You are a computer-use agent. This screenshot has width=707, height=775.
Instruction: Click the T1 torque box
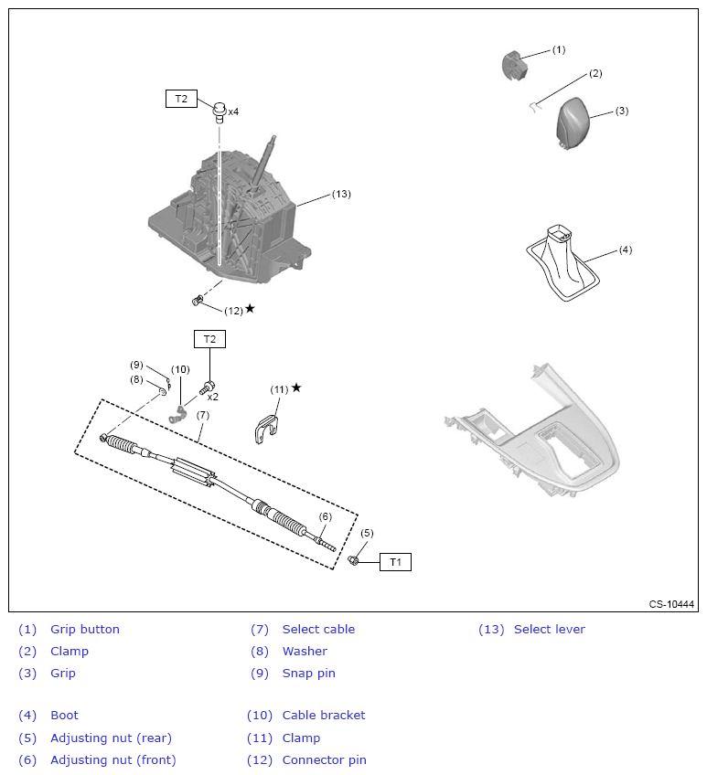395,562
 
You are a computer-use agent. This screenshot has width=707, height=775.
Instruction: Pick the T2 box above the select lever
181,99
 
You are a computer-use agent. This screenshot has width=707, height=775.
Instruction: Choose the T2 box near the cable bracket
209,339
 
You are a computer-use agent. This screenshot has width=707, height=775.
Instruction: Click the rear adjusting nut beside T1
354,558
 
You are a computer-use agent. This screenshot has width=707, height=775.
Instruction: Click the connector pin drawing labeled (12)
198,300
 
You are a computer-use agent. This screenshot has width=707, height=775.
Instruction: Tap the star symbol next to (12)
250,309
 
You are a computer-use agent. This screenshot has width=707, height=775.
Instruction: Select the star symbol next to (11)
295,387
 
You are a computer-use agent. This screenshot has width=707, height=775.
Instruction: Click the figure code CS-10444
671,604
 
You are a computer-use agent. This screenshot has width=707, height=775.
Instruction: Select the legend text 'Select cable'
318,629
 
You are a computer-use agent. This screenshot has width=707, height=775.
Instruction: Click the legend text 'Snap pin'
308,673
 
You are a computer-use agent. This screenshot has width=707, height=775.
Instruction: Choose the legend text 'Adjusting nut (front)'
112,759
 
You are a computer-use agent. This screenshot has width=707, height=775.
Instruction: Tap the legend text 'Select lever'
549,629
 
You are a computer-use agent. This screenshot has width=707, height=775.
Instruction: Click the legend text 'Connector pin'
324,759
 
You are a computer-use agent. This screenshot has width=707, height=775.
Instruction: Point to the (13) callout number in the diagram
340,194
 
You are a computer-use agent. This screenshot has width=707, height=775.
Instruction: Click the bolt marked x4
220,111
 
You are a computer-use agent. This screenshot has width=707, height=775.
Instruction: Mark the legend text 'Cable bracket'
323,715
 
